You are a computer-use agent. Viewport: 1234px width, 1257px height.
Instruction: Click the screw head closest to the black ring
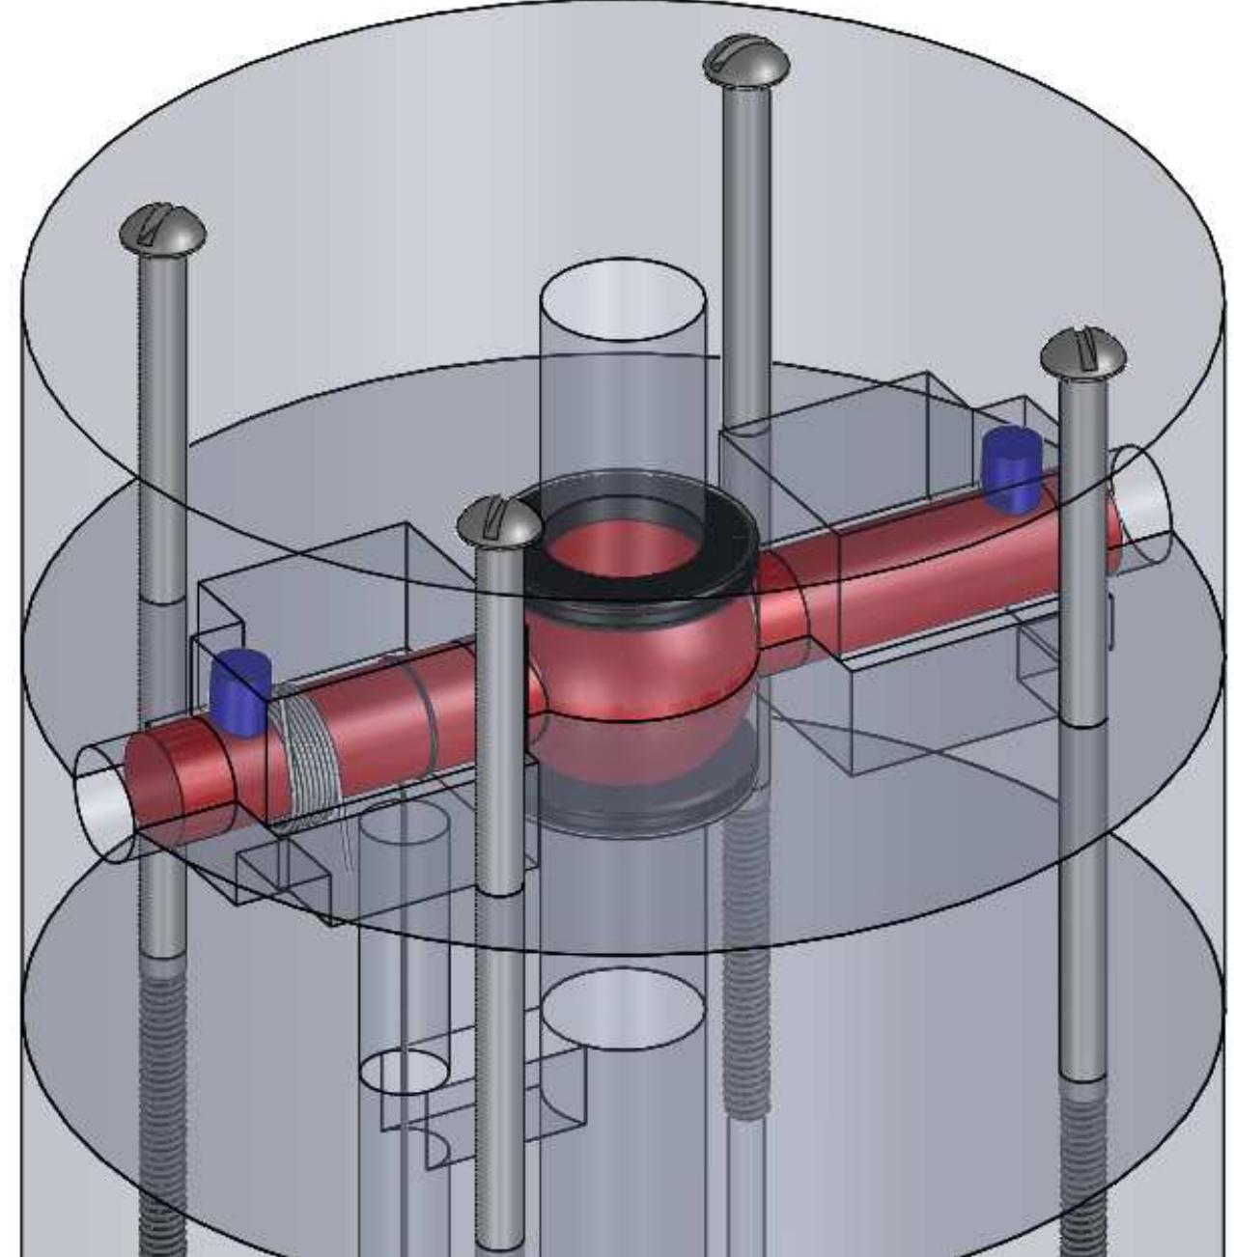click(497, 520)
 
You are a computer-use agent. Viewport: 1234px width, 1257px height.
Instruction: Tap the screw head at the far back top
click(745, 63)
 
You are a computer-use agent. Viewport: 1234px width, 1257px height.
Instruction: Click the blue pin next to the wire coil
click(239, 688)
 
